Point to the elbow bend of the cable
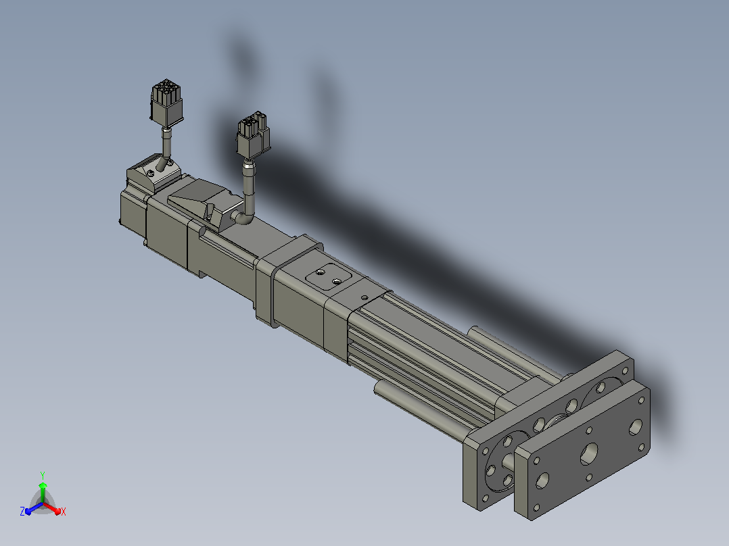243,217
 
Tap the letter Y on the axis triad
43,476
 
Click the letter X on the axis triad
64,512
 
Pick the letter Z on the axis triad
22,512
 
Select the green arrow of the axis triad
43,492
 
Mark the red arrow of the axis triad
52,508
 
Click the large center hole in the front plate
589,454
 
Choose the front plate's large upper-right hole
636,427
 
